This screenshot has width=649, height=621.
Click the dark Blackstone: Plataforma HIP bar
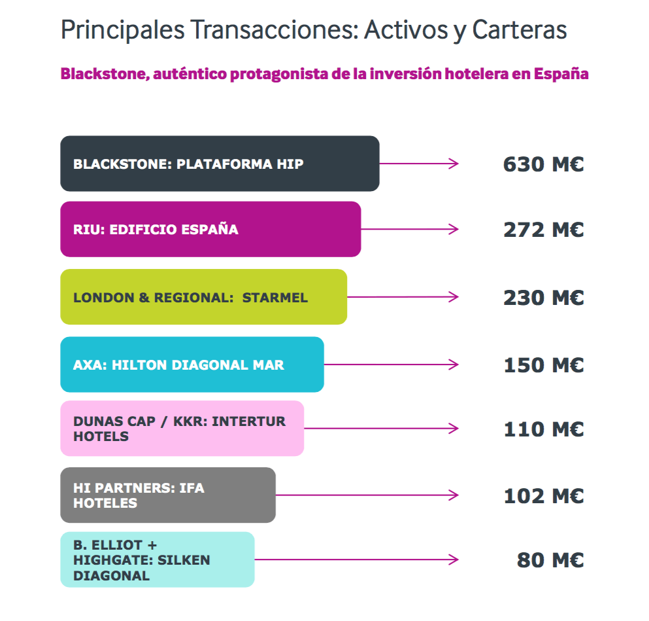coord(220,164)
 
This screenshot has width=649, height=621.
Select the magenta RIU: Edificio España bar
coord(210,229)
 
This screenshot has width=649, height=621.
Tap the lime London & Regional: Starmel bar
coord(204,296)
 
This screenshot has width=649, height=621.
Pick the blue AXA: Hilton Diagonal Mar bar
coord(192,364)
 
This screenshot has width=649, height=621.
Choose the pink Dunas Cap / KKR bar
coord(182,429)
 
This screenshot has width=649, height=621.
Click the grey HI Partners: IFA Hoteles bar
coord(168,495)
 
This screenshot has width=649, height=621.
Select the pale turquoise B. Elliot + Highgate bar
coord(158,559)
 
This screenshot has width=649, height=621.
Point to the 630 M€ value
coord(544,164)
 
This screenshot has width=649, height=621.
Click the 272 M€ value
coord(544,230)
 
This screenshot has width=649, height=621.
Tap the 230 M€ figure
coord(544,298)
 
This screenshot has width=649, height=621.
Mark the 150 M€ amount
coord(544,365)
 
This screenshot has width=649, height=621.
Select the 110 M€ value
coord(544,429)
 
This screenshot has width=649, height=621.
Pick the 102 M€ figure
coord(544,496)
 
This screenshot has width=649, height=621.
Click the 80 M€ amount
coord(550,560)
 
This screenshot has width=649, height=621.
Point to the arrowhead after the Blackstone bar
coord(454,164)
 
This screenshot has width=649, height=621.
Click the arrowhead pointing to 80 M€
coord(454,559)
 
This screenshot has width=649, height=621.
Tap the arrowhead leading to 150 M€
coord(454,364)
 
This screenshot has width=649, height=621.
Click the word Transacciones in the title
coord(275,30)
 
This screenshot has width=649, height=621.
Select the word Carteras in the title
coord(520,30)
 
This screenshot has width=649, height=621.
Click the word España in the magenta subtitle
coord(561,74)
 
